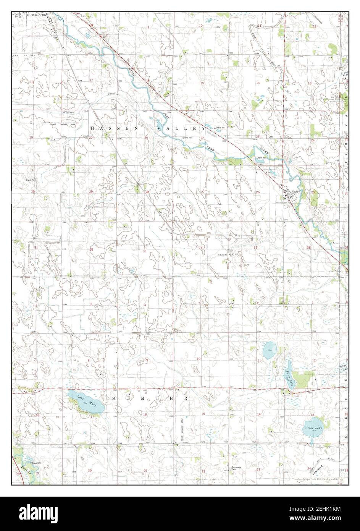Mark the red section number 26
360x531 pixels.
pyautogui.click(x=258, y=192)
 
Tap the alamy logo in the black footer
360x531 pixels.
pyautogui.click(x=38, y=514)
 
